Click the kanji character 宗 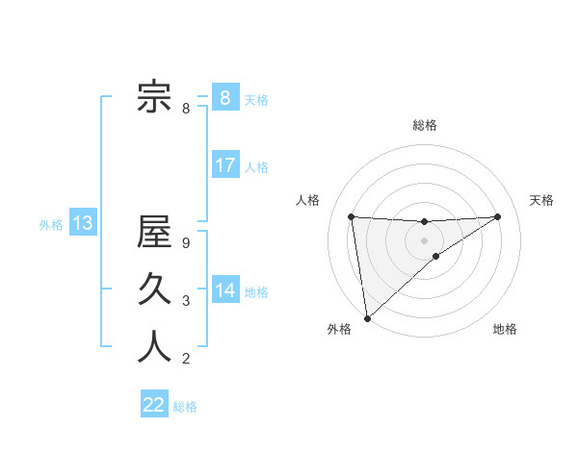click(154, 97)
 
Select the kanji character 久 click(154, 289)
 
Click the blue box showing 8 click(224, 97)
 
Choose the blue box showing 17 click(224, 165)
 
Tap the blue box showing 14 click(224, 289)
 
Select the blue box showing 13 click(82, 224)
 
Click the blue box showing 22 click(154, 405)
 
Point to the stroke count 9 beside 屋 click(186, 243)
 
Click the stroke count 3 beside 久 click(186, 302)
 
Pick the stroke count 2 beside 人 click(186, 360)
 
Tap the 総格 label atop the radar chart click(425, 125)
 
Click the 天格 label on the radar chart click(541, 200)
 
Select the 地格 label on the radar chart click(505, 329)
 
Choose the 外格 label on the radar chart click(338, 329)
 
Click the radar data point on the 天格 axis click(497, 216)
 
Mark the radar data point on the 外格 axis click(366, 317)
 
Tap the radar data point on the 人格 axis click(352, 216)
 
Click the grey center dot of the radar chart click(424, 239)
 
